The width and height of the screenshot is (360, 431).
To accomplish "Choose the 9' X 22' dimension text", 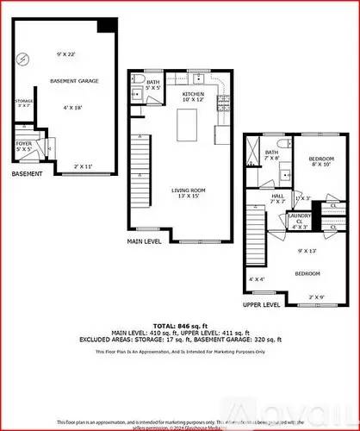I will [x=66, y=55].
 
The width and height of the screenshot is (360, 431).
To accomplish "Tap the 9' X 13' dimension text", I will [x=307, y=251].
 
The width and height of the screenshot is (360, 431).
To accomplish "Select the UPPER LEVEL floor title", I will [x=262, y=304].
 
